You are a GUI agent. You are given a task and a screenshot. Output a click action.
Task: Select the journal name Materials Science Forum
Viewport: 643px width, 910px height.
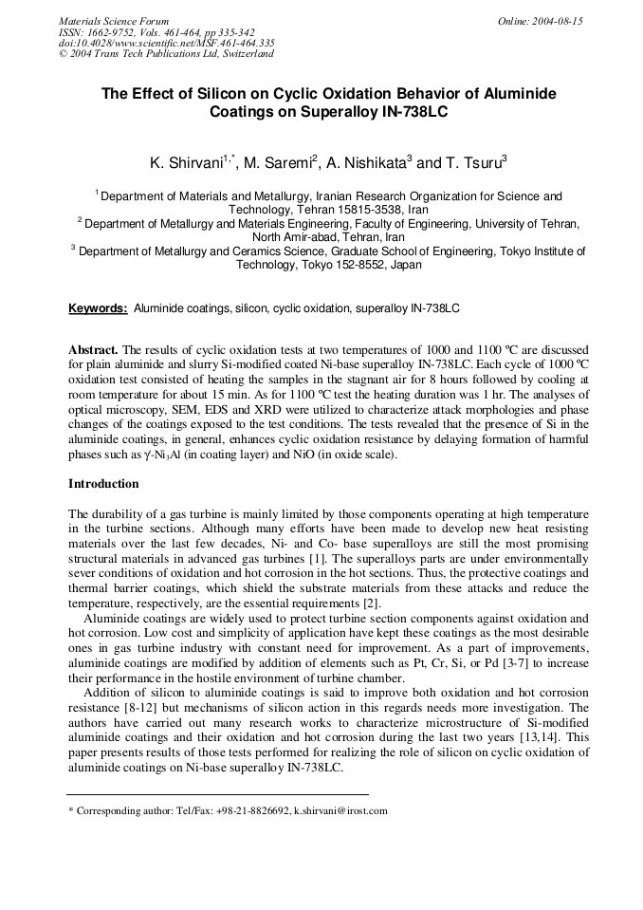click(x=114, y=21)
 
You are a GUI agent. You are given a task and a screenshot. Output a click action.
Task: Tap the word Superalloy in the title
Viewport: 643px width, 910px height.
click(x=337, y=111)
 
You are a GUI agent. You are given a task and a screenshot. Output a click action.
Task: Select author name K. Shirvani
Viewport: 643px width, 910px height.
click(x=185, y=163)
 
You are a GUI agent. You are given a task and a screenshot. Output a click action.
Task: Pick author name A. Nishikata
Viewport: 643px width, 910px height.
click(x=365, y=163)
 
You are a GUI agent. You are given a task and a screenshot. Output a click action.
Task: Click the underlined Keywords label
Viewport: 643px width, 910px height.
click(x=98, y=308)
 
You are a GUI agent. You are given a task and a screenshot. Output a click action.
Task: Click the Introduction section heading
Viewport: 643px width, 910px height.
click(x=103, y=484)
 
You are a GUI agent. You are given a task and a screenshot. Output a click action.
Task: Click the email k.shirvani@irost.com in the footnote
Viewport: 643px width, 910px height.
click(x=340, y=811)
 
